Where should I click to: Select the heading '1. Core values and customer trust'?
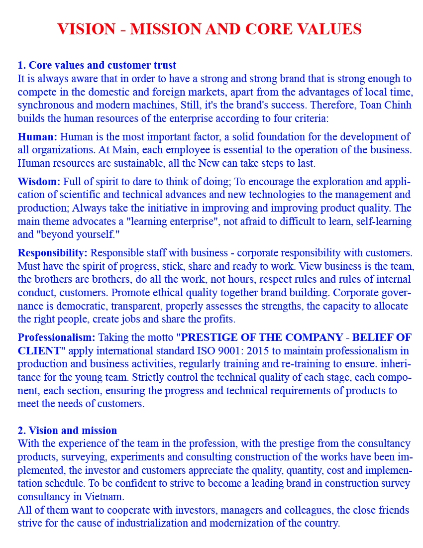[97, 65]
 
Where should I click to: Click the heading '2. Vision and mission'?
[68, 431]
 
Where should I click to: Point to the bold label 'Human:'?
[37, 137]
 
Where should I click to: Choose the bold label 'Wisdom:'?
[39, 181]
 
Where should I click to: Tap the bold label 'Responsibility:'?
[52, 253]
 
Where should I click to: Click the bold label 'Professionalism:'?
[56, 338]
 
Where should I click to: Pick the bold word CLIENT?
[39, 351]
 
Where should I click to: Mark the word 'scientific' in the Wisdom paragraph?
[107, 195]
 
